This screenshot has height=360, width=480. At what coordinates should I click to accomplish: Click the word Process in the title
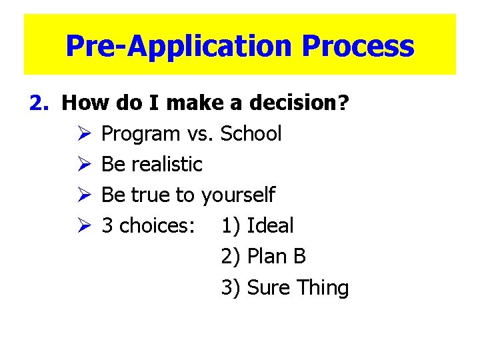(358, 47)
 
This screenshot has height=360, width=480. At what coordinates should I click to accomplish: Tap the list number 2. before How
(40, 103)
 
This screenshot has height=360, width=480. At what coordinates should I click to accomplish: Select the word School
(251, 134)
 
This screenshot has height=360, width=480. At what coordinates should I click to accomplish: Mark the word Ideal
(270, 226)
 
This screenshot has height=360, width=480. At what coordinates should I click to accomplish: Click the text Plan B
(276, 257)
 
